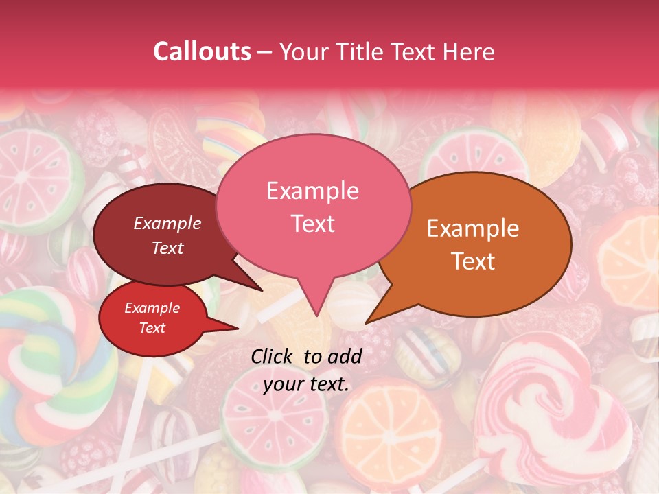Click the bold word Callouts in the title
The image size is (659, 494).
click(202, 51)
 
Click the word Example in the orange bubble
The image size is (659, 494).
click(473, 228)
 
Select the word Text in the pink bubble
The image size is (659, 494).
click(312, 224)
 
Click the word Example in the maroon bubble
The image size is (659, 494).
click(167, 223)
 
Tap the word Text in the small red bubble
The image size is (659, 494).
click(152, 328)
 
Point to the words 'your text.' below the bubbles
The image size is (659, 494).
click(306, 384)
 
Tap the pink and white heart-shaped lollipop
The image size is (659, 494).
click(556, 405)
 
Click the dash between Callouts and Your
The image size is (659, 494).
click(266, 51)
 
